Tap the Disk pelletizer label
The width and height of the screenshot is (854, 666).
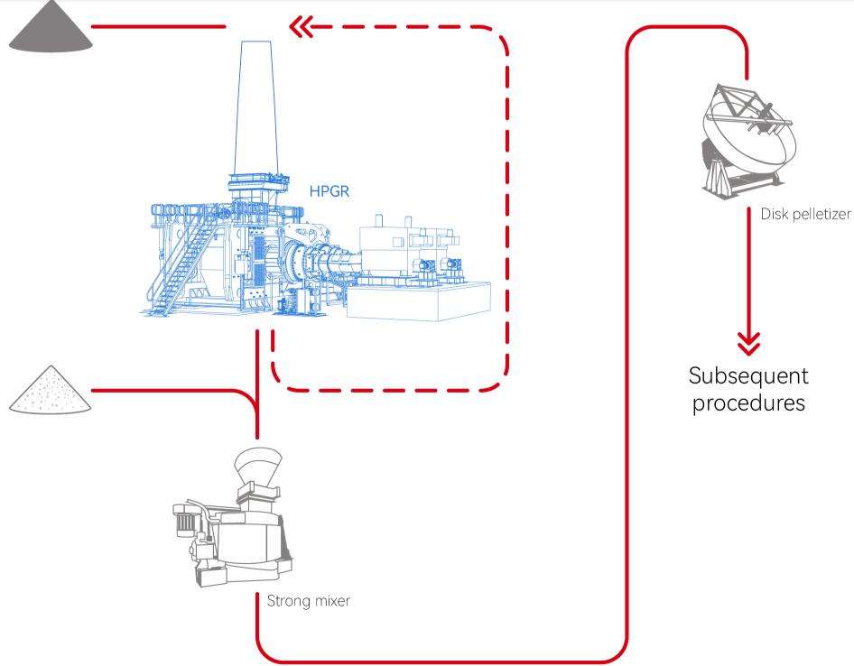coord(806,214)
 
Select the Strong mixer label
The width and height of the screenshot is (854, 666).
coord(308,600)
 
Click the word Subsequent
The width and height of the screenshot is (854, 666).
coord(748,375)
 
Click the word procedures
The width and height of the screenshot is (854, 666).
coord(748,402)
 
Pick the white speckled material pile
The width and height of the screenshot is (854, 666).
coord(51,392)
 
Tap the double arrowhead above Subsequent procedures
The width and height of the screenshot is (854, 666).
coord(748,343)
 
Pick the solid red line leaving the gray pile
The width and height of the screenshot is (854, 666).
coord(158,27)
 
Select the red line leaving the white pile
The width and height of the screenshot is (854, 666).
coord(172,391)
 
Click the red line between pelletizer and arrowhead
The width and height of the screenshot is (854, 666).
coord(748,271)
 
